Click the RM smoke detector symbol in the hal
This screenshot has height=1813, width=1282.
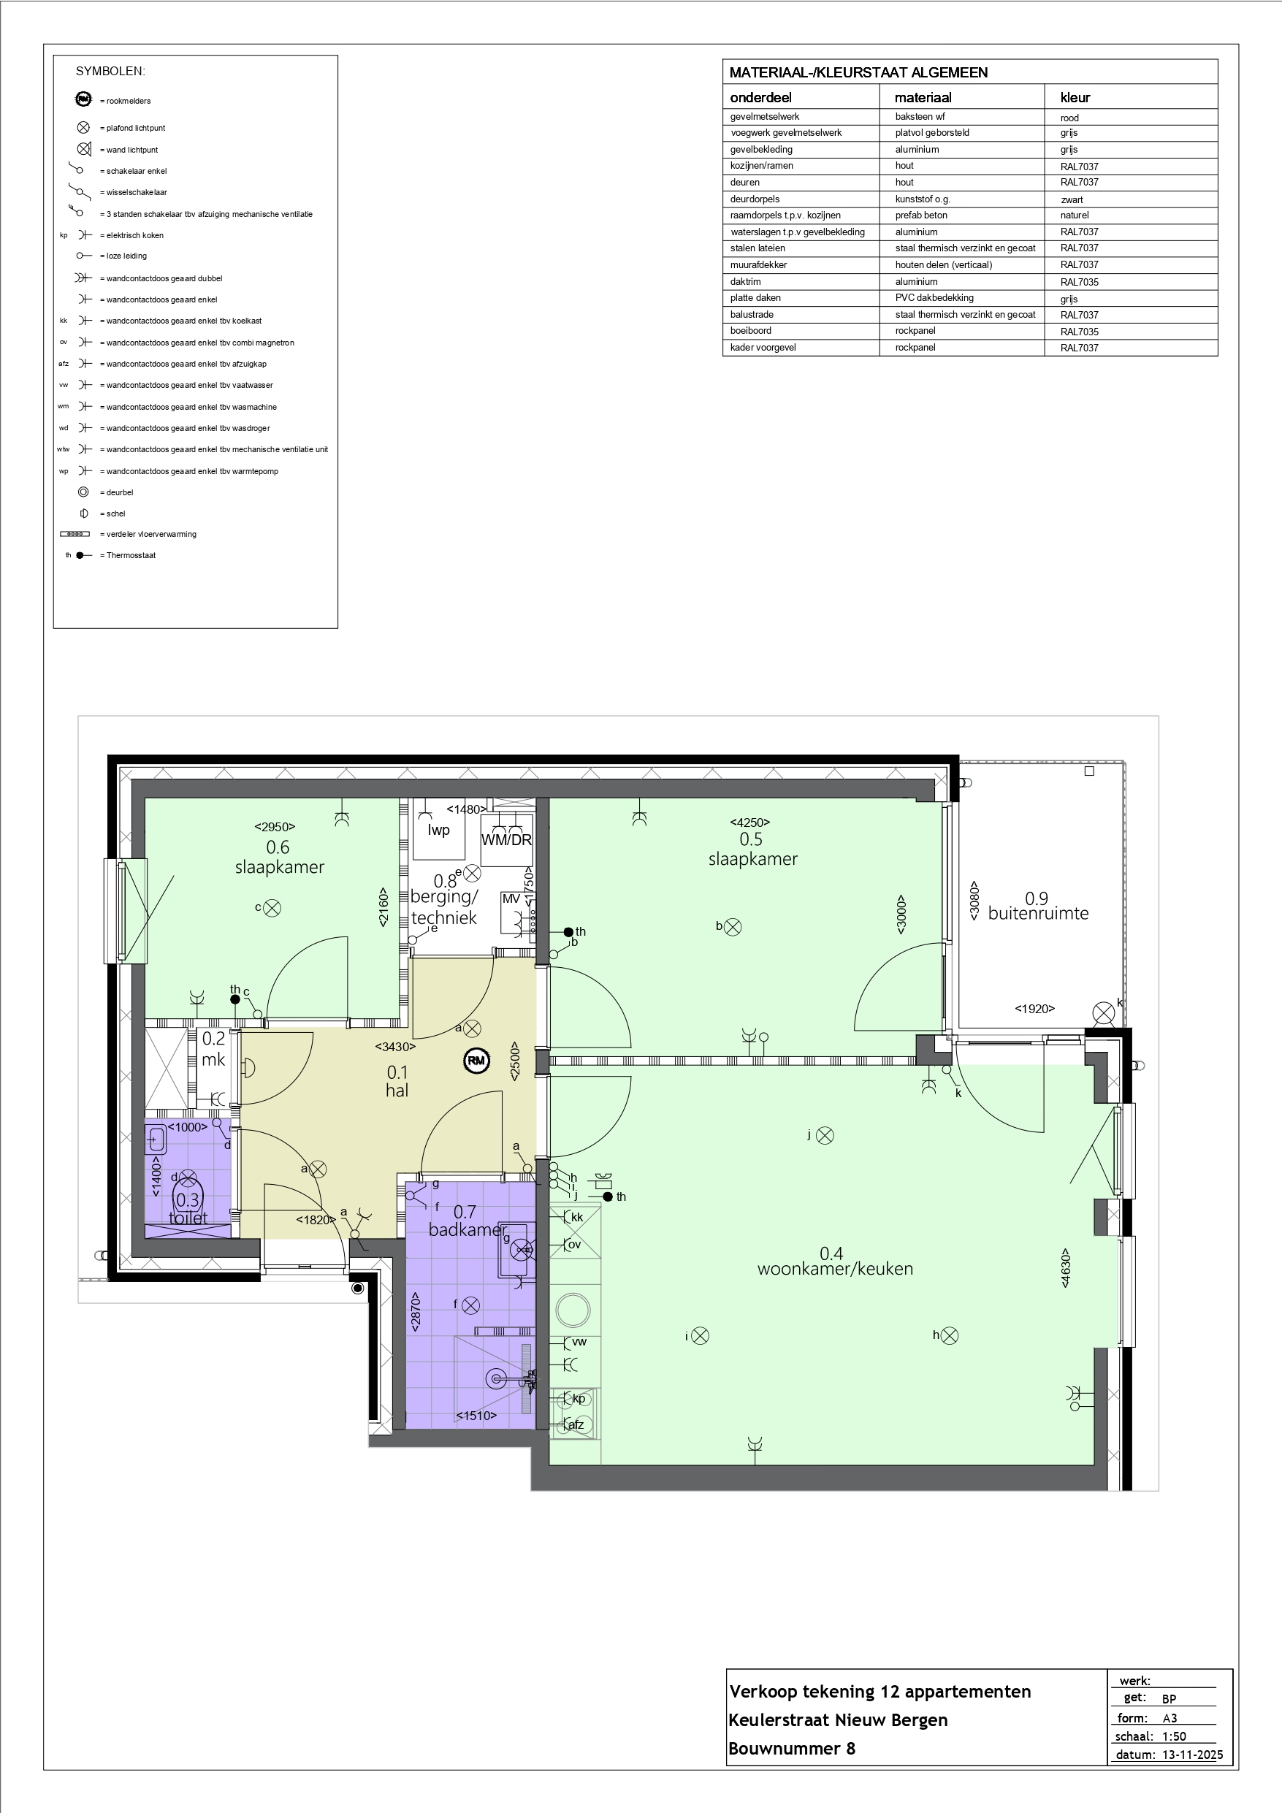[476, 1061]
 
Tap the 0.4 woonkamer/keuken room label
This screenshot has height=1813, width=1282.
[834, 1261]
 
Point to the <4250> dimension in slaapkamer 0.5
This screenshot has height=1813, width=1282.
[749, 822]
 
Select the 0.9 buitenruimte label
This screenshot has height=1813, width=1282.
[1038, 906]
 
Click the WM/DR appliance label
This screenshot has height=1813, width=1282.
[506, 840]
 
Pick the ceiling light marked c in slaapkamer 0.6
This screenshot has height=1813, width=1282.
[272, 908]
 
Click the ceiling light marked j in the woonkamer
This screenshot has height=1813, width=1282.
[825, 1135]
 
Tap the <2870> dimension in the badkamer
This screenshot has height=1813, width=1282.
[416, 1312]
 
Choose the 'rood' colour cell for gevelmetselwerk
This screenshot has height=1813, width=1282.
[1069, 118]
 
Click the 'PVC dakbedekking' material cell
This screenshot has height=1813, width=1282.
[934, 298]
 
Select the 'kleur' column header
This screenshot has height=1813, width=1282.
[1075, 98]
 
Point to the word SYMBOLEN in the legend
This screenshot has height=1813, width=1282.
[110, 71]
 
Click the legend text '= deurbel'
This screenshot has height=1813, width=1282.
[117, 492]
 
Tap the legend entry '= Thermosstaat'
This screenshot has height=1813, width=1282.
[128, 555]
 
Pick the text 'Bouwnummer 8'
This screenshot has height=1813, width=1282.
[791, 1748]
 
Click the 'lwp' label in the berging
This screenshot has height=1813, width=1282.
[438, 829]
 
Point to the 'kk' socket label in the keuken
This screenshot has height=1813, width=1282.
[577, 1217]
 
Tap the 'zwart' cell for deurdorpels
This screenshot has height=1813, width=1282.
[1072, 199]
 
